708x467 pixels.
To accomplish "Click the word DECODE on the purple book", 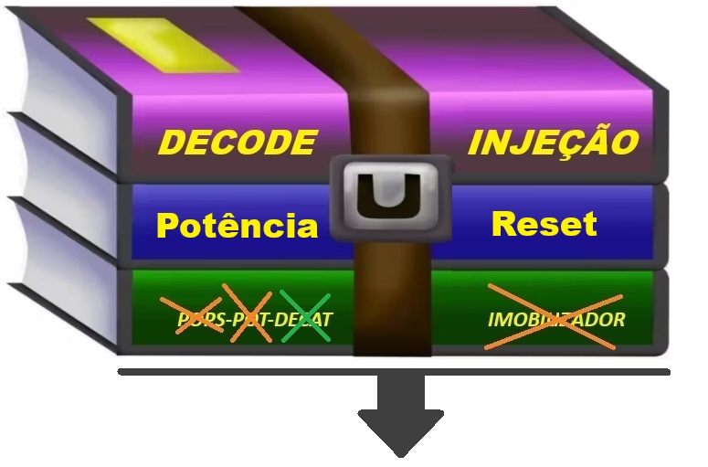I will [237, 143].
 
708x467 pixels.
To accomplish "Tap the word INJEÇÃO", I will [553, 143].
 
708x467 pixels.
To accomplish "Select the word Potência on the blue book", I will [237, 225].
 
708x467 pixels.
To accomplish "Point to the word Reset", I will [544, 223].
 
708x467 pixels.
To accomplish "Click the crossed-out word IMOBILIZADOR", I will [555, 319].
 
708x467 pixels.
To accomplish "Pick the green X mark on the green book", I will [305, 316].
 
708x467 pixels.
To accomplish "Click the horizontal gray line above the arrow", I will [228, 372].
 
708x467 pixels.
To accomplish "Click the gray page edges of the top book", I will [64, 101].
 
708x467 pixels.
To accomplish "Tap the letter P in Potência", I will [170, 226].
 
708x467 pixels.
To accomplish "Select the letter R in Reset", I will [504, 223].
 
